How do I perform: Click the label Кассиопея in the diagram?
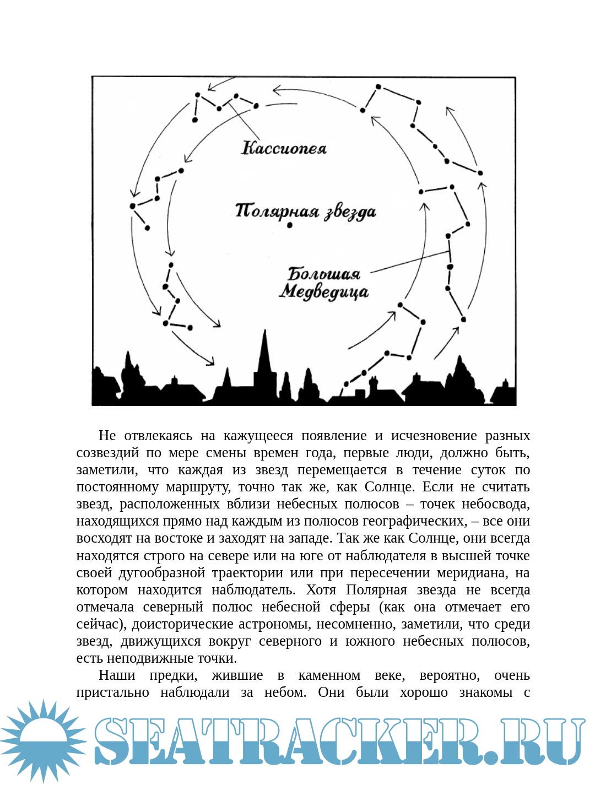[x=284, y=148]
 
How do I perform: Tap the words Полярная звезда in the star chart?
[x=305, y=212]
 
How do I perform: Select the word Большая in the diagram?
[x=324, y=274]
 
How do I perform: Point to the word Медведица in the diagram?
[x=323, y=291]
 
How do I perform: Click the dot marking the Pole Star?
[x=290, y=225]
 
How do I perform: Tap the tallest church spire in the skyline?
[x=265, y=353]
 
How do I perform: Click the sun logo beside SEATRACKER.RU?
[x=42, y=740]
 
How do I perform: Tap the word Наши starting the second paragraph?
[x=117, y=675]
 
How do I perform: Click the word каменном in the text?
[x=329, y=675]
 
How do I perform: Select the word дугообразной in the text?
[x=161, y=572]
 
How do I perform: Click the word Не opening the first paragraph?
[x=107, y=436]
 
